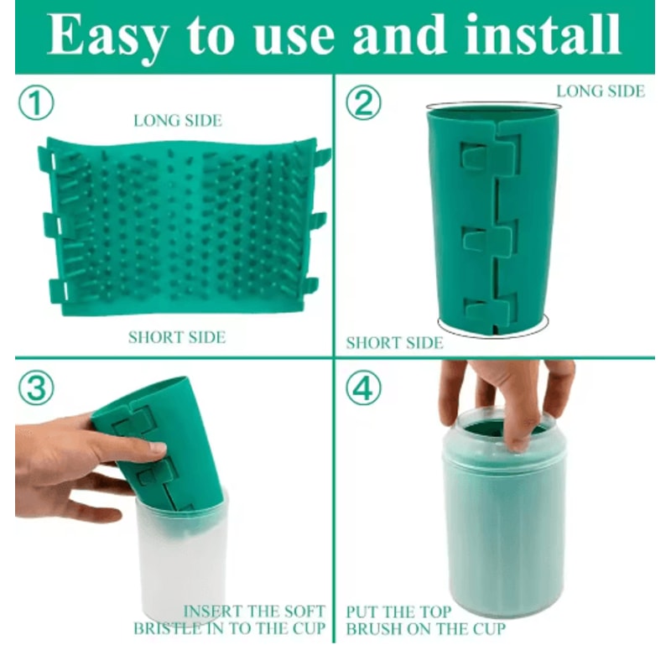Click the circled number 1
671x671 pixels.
tap(36, 104)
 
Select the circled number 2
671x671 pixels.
tap(363, 104)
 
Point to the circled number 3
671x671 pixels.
tap(36, 388)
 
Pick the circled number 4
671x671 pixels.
tap(363, 388)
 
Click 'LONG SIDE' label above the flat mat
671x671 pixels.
tap(178, 121)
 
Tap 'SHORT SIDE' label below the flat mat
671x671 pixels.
tap(176, 337)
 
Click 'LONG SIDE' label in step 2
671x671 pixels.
tap(601, 91)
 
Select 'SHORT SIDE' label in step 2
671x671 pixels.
tap(394, 343)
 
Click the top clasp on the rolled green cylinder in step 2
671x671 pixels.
tap(489, 155)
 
